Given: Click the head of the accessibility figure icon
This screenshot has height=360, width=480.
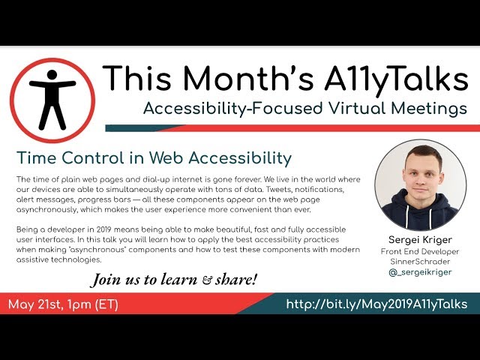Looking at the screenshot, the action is [x=52, y=75].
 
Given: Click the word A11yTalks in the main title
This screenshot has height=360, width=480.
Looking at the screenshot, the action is [x=396, y=78].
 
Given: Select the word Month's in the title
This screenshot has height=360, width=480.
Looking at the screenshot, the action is [x=248, y=77].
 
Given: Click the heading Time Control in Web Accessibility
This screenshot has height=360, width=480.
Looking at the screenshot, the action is [x=154, y=158].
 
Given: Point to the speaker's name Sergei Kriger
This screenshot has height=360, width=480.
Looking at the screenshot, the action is [x=420, y=240].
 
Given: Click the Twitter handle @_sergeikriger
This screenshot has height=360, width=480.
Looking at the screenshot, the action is [x=420, y=271].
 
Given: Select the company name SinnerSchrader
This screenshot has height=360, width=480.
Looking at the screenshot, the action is [x=420, y=262].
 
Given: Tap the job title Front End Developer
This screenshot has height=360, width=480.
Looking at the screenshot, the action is [x=420, y=252].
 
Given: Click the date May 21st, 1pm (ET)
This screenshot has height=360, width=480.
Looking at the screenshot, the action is [x=63, y=304].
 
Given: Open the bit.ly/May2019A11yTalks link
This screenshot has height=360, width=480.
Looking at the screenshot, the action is [x=376, y=304].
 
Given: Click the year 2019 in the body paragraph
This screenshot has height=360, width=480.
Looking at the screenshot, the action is [x=104, y=229].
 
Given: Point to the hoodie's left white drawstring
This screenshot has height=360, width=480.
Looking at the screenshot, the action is [x=407, y=217].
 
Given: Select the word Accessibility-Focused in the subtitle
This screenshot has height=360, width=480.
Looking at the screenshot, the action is [x=233, y=108].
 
